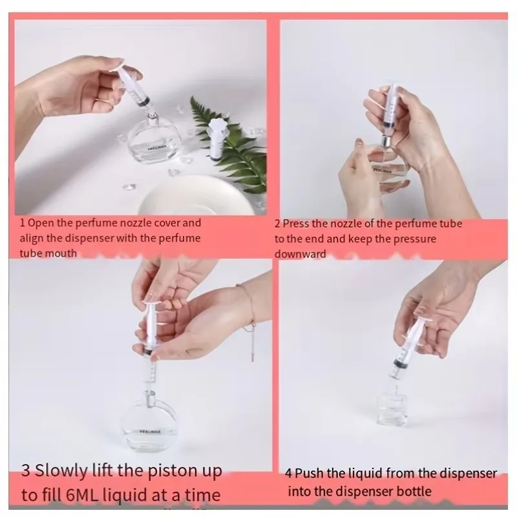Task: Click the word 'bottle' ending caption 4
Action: click(416, 491)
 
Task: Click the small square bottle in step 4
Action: click(392, 410)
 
